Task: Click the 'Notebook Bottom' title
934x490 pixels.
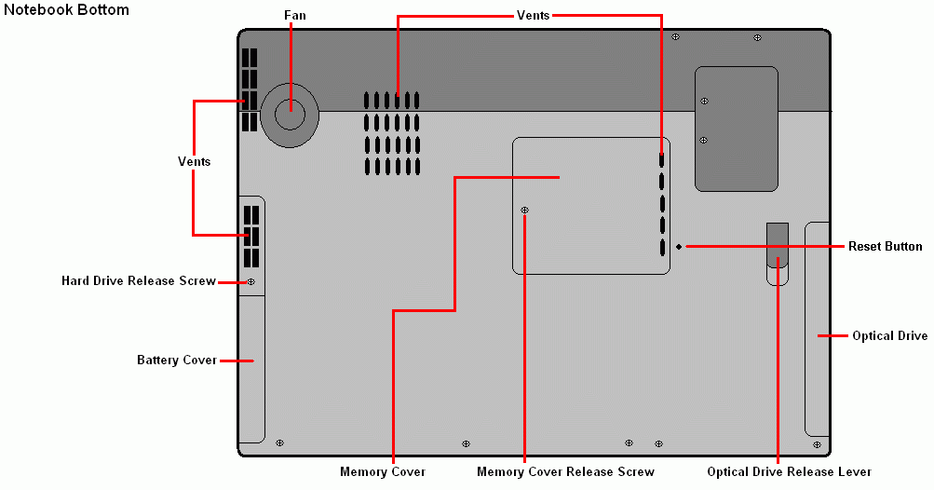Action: pos(66,10)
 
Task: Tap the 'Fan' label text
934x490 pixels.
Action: pos(295,16)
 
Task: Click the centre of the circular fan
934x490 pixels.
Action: pos(290,116)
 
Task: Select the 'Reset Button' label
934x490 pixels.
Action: pos(886,246)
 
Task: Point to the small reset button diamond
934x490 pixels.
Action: pos(679,247)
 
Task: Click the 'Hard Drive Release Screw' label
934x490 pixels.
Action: pos(138,280)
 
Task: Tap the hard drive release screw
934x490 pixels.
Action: pos(250,282)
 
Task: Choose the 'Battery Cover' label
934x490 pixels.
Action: pos(177,361)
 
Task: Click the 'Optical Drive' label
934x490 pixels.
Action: pos(890,335)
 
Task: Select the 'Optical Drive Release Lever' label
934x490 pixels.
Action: pos(790,471)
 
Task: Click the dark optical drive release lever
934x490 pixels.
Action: pos(778,246)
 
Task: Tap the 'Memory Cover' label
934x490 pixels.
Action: pos(383,471)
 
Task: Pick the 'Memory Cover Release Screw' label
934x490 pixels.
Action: pos(565,471)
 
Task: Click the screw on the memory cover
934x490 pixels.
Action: pos(525,210)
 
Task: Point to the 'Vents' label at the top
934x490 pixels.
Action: pos(534,16)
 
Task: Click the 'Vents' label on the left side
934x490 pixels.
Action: pos(195,161)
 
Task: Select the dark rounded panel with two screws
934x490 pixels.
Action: pos(737,129)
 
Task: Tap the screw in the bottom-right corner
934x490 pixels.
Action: pos(818,444)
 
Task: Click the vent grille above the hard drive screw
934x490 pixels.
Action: pos(251,237)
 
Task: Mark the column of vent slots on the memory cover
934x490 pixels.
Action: pos(662,204)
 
